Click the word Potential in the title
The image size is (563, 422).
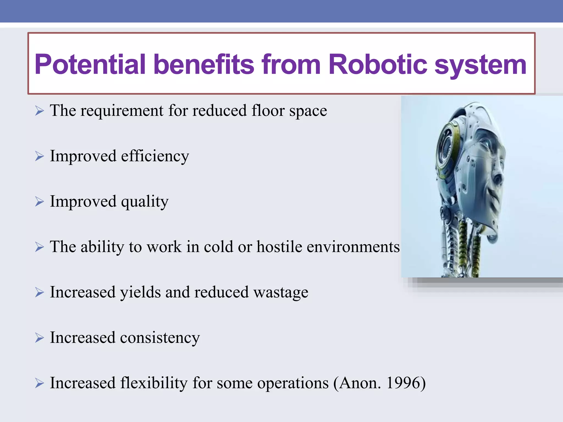pos(90,65)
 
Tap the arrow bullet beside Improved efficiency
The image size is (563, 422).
pos(39,156)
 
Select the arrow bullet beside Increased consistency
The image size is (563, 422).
pos(39,338)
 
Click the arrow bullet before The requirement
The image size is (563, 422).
pos(39,111)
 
